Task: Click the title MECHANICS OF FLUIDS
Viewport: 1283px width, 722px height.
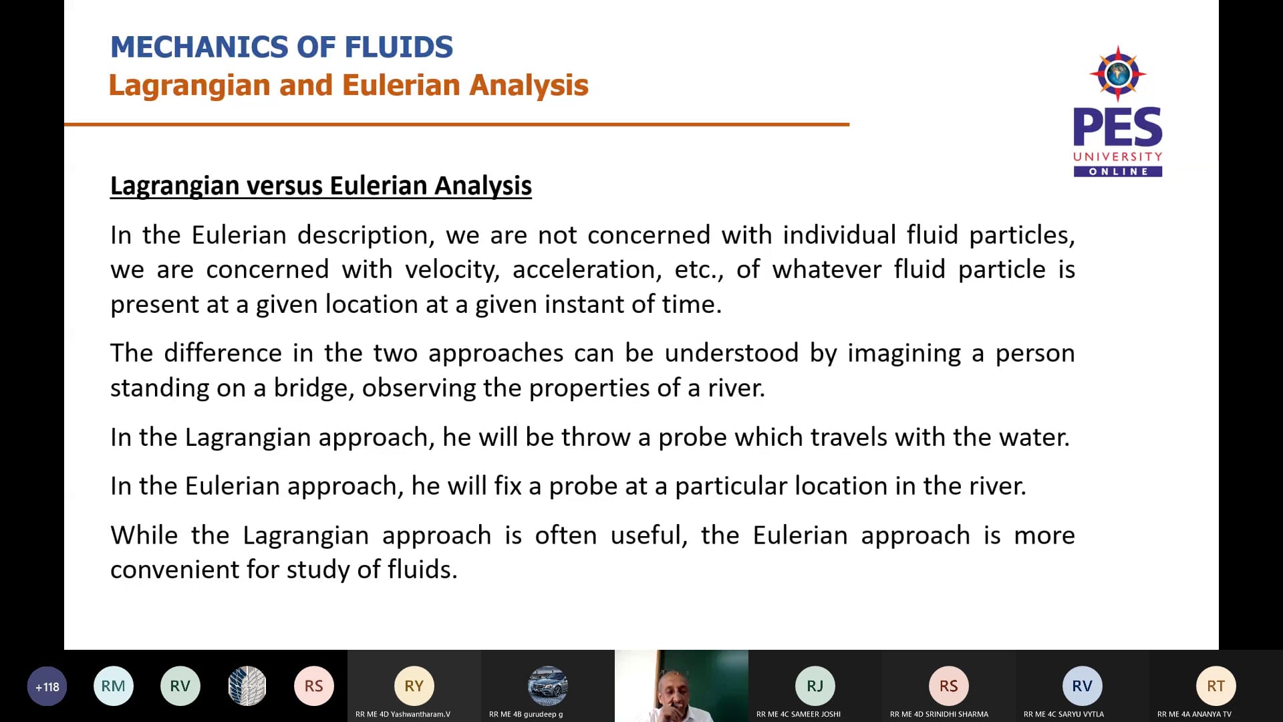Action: [281, 47]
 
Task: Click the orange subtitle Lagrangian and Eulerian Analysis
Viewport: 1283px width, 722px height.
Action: [348, 86]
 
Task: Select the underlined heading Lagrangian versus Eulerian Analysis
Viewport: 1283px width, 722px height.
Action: [321, 186]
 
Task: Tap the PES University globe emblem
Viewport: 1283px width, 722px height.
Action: [1118, 74]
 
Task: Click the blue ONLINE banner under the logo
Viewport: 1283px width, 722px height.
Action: [1118, 172]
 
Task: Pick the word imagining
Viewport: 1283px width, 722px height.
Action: [904, 353]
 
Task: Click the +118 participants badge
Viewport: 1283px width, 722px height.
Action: [47, 687]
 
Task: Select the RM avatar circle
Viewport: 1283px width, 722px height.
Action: [114, 686]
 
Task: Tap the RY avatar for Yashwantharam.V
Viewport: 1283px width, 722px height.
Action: [414, 686]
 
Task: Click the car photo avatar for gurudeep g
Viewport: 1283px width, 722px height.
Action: [548, 686]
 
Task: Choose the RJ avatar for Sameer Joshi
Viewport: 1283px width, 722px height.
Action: [815, 686]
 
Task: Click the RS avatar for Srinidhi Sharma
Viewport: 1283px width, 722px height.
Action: [949, 686]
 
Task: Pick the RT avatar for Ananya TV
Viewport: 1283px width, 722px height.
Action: [1216, 686]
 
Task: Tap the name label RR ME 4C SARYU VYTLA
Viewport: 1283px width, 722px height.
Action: [1064, 714]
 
